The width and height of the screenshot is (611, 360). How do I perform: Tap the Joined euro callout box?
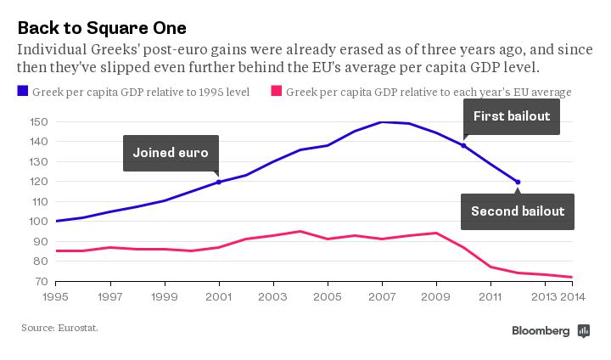tap(171, 153)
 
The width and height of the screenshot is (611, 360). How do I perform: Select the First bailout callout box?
tap(512, 116)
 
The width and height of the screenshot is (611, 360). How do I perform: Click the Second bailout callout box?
tap(517, 211)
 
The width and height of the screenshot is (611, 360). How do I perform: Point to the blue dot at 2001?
tap(219, 182)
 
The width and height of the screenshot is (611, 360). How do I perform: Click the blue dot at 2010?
tap(463, 145)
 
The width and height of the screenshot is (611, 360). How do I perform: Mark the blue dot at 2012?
tap(518, 182)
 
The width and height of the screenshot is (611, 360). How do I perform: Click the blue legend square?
tap(23, 91)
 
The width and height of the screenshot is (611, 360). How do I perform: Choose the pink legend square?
tap(276, 91)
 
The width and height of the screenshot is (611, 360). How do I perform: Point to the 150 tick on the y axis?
tap(36, 122)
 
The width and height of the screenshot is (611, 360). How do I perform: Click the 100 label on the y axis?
tap(36, 222)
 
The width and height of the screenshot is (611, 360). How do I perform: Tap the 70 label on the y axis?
tap(40, 281)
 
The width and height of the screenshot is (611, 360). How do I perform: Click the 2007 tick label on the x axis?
tap(382, 297)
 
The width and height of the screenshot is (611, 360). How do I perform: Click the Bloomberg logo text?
tap(540, 331)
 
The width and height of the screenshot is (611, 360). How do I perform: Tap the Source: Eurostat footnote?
tap(59, 326)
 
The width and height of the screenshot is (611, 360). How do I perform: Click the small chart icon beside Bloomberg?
tap(583, 331)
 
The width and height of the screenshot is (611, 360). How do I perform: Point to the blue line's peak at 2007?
tap(382, 122)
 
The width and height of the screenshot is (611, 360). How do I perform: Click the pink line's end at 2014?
tap(572, 277)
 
